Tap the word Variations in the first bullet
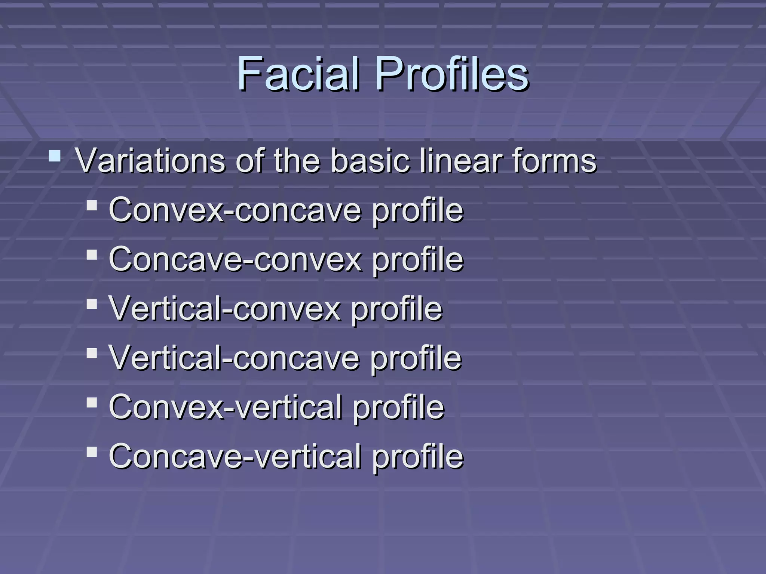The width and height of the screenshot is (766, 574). [x=150, y=161]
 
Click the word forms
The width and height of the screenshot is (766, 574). [x=554, y=161]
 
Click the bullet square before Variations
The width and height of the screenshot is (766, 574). [x=55, y=155]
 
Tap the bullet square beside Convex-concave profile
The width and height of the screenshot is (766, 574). [x=92, y=206]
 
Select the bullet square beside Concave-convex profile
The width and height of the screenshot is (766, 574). [x=92, y=255]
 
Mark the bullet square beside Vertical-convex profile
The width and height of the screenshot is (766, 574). [x=92, y=304]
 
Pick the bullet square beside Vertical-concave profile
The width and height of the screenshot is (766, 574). [x=92, y=354]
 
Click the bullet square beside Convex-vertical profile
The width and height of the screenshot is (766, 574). [x=92, y=403]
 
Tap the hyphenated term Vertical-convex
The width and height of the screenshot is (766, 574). [x=225, y=309]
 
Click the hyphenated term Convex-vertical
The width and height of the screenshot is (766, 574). [x=226, y=407]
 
